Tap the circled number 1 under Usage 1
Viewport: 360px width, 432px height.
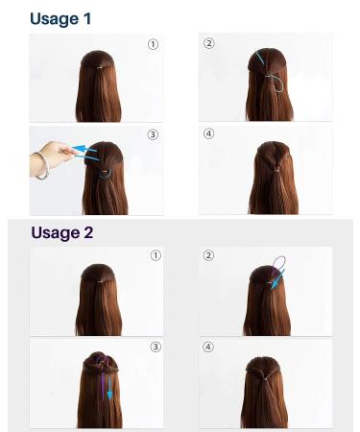153,44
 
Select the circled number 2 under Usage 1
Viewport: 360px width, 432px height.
208,44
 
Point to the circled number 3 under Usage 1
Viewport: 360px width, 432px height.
153,135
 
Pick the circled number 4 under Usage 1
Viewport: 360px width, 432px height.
208,135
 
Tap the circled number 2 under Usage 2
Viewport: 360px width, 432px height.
208,255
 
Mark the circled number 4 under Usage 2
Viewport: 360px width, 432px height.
208,347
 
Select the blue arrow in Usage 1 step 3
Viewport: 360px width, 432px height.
87,150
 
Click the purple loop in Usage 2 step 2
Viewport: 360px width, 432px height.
279,262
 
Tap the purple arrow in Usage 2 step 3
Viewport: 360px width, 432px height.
102,378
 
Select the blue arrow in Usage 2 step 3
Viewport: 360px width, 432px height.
109,388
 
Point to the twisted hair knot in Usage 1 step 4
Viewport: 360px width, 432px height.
273,166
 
